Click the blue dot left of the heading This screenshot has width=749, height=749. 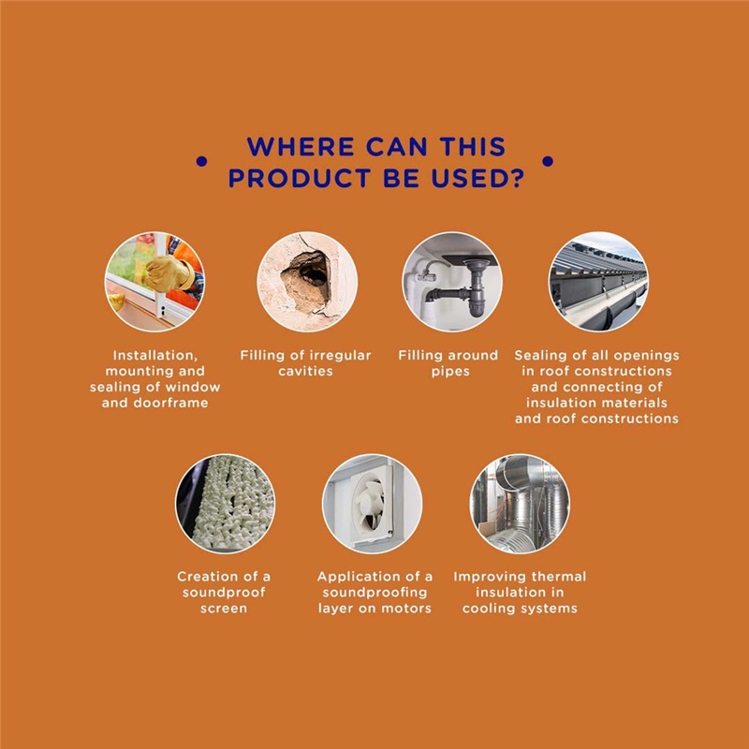(x=201, y=161)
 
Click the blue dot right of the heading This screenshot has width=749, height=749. (x=548, y=161)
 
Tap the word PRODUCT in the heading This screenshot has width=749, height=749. (x=300, y=178)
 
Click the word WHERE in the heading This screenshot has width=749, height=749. (x=301, y=147)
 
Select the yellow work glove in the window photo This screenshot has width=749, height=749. (x=168, y=273)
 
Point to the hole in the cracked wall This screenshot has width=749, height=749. (x=307, y=279)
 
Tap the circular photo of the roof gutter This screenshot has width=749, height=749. (x=598, y=282)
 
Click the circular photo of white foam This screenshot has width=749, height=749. (x=225, y=504)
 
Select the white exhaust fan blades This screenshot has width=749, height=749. (x=370, y=505)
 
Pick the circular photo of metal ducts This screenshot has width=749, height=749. (x=520, y=504)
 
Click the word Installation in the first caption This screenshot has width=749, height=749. (x=154, y=356)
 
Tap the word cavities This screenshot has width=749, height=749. (x=306, y=371)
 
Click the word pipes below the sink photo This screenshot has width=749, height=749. (x=450, y=372)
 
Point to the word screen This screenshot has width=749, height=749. (x=224, y=609)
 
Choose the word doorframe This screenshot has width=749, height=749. (x=170, y=403)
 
